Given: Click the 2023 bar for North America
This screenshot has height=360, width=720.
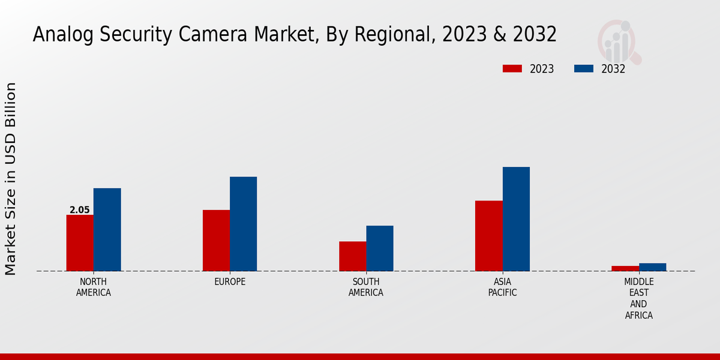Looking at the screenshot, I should tap(80, 243).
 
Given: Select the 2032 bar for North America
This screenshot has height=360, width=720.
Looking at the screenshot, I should tap(107, 230).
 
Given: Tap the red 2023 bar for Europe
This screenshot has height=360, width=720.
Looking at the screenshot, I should tap(216, 241).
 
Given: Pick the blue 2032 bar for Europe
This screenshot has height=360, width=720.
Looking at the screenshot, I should tap(244, 224).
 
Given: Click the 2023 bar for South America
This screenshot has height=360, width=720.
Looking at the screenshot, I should tap(353, 256).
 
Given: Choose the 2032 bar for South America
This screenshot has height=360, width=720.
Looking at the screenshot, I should tap(380, 248).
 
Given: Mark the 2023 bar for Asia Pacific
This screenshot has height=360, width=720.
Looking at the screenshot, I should tap(489, 236).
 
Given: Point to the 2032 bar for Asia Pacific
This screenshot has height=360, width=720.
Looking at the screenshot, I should tap(516, 219).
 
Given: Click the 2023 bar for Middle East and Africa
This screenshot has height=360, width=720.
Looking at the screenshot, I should tap(625, 268).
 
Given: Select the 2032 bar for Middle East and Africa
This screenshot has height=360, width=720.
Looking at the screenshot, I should tap(652, 267).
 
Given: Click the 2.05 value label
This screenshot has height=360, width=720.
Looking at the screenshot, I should tap(80, 210).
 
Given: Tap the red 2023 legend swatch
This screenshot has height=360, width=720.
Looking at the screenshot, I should tap(512, 68).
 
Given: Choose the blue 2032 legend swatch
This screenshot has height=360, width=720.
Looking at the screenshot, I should tap(584, 68).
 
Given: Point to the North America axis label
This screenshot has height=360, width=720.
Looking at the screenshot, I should tap(94, 287).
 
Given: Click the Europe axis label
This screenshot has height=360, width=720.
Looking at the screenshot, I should tap(230, 282).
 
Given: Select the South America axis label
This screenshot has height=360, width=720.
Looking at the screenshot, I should tap(366, 287).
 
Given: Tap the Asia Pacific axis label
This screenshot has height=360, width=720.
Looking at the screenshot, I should tap(503, 287).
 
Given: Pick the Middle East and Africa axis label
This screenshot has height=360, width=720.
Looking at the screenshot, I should tap(639, 298).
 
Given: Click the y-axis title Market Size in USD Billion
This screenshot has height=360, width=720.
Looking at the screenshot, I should tap(11, 179).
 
